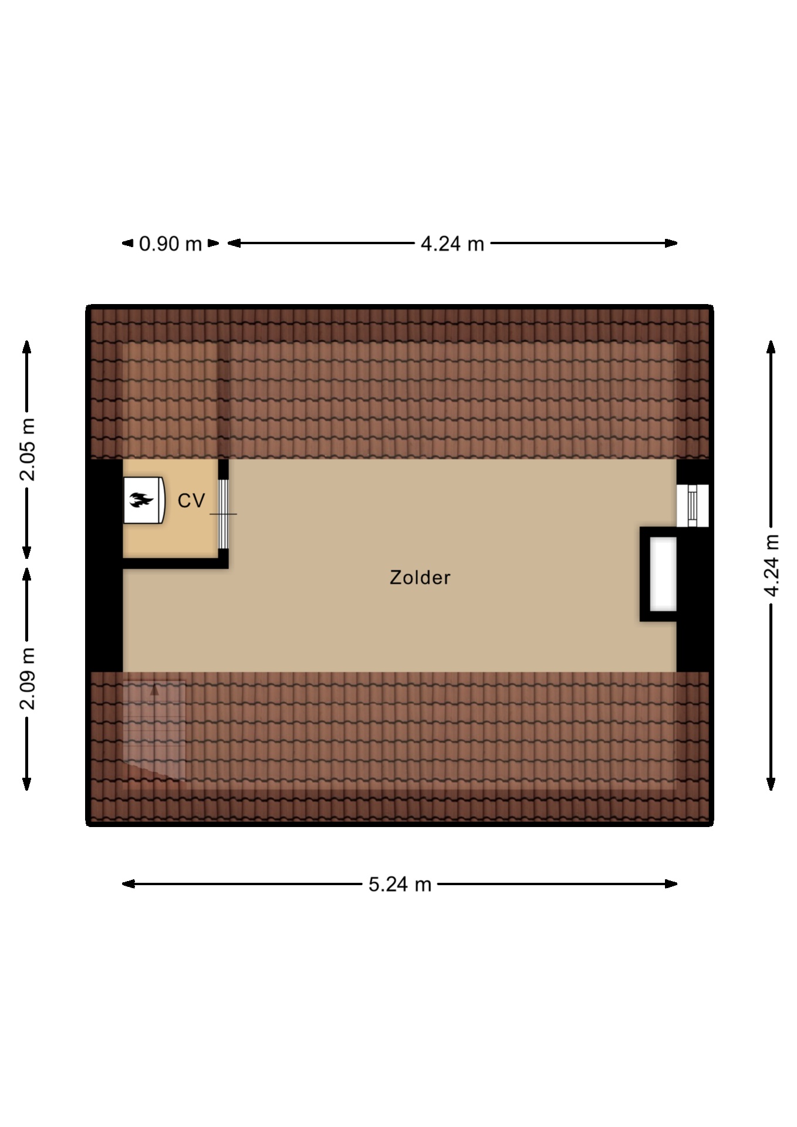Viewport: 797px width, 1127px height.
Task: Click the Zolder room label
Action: point(420,578)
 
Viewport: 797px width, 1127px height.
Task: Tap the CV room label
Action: point(191,501)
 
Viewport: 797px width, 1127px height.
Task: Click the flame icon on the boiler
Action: point(141,500)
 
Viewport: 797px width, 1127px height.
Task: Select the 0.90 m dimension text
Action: point(170,244)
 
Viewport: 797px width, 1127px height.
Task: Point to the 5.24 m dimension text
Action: point(400,884)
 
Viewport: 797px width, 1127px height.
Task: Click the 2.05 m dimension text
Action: point(28,450)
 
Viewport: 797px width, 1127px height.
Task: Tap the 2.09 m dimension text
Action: point(28,679)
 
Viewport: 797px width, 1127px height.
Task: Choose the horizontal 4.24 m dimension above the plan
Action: point(452,244)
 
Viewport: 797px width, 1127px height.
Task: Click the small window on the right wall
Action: point(693,506)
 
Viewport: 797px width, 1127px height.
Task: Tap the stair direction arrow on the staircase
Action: point(154,690)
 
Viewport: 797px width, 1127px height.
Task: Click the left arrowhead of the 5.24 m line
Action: point(128,883)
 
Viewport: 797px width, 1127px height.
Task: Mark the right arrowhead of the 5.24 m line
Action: point(671,883)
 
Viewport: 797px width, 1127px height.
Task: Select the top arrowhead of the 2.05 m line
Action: point(27,347)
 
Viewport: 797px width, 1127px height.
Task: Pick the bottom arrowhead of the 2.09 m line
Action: point(27,784)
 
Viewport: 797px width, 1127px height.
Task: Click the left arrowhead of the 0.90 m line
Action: point(127,243)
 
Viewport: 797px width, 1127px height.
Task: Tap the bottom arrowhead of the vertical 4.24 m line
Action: point(771,784)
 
